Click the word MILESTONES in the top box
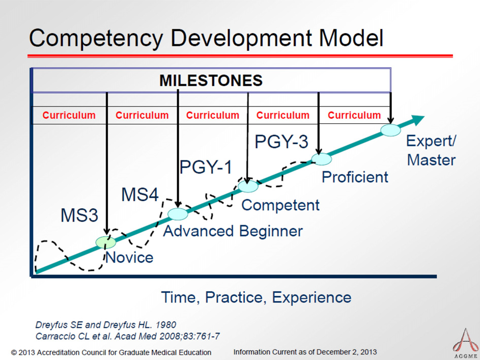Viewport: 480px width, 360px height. click(211, 80)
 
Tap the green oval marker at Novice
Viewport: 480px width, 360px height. click(105, 242)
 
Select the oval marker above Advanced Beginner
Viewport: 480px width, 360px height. click(178, 214)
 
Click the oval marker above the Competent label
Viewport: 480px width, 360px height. click(248, 186)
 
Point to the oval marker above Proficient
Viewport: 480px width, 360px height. click(321, 159)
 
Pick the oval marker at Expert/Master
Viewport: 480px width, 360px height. click(390, 130)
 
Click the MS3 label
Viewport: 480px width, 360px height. click(79, 215)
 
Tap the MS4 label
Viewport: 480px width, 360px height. click(140, 195)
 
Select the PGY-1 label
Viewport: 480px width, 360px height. click(206, 167)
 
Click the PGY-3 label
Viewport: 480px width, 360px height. click(281, 142)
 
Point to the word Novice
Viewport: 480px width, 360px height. click(129, 258)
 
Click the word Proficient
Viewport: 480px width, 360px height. click(355, 177)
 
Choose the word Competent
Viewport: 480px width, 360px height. click(280, 205)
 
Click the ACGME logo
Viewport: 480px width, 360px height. click(466, 343)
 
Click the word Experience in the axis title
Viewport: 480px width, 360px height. click(312, 297)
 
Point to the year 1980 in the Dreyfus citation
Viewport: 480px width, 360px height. click(165, 324)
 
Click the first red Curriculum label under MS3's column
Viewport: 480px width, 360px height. click(69, 115)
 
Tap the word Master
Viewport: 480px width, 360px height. click(431, 160)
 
